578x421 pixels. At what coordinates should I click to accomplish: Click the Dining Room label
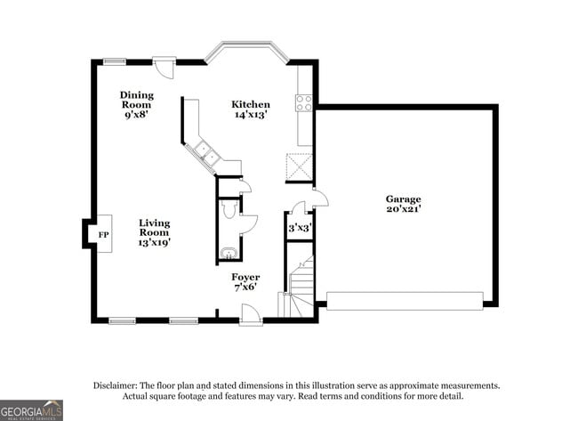point(138,104)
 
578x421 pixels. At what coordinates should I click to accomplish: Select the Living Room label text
point(154,231)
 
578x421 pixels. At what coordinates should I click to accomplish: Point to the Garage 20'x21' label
point(403,204)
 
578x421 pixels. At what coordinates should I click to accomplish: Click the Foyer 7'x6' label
point(245,282)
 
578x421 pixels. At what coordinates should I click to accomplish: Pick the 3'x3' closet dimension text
point(299,229)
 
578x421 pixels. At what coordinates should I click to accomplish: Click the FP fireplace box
point(102,234)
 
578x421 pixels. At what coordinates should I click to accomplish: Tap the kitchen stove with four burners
point(304,102)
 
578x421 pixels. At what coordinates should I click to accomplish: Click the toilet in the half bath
point(228,210)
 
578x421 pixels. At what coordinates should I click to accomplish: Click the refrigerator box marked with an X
point(299,166)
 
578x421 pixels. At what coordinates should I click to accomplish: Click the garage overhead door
point(405,300)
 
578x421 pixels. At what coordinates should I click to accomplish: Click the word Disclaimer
point(116,385)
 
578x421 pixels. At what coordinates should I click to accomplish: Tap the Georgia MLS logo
point(31,410)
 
